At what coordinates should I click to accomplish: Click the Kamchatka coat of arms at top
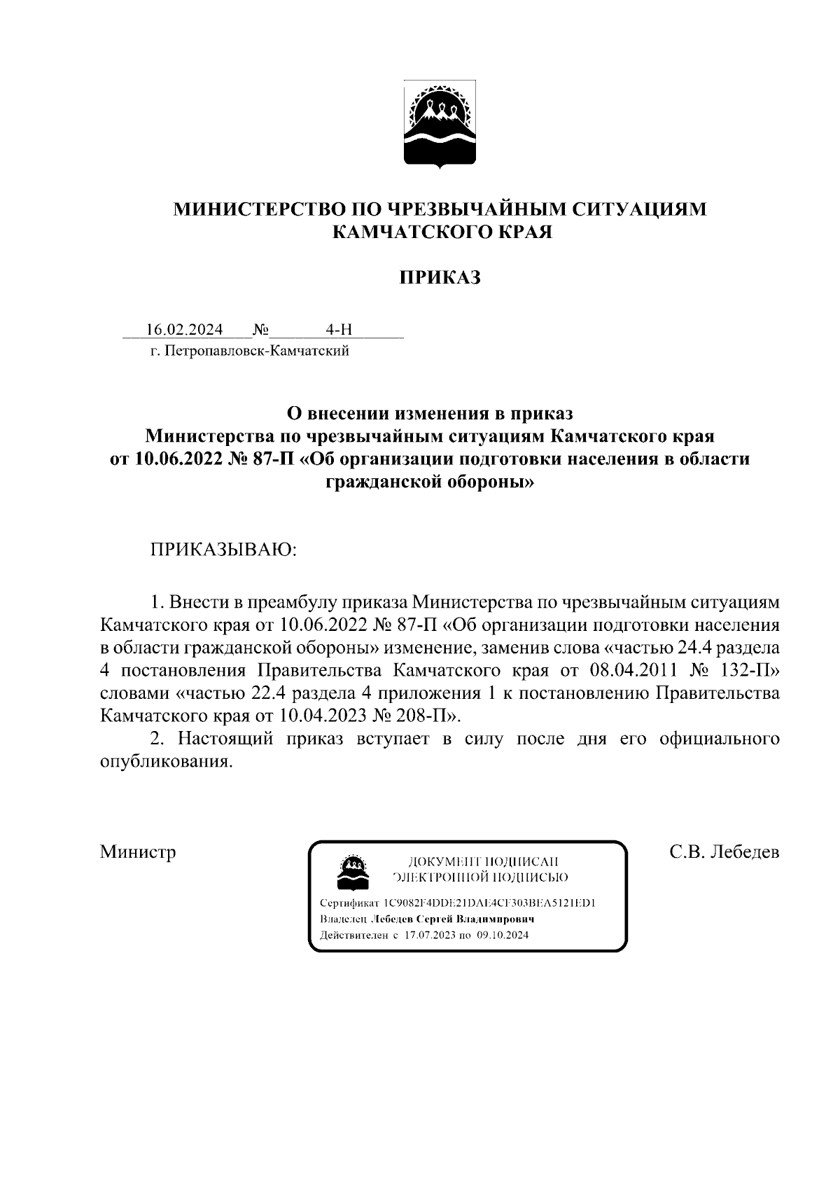[440, 125]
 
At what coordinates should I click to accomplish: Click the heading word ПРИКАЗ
[440, 278]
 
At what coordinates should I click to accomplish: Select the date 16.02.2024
[184, 330]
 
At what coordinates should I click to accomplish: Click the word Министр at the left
[138, 851]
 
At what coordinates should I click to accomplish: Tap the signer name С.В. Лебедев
[724, 851]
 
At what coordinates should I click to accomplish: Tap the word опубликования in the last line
[165, 762]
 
